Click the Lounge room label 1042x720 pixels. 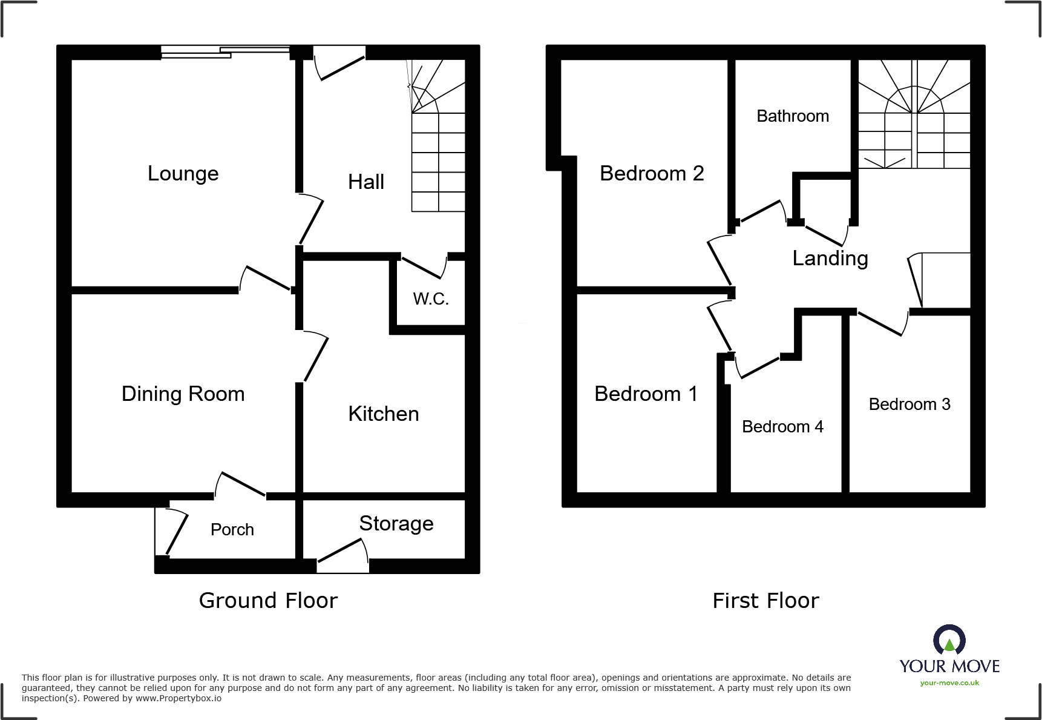(183, 174)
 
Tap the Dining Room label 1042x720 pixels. (183, 394)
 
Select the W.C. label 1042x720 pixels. (431, 299)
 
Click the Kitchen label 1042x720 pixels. (383, 414)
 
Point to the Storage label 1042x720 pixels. (396, 524)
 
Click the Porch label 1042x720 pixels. (232, 530)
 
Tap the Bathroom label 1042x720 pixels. (792, 116)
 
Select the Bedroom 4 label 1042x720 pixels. (782, 427)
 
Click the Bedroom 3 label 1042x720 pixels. (909, 405)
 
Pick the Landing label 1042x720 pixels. (830, 259)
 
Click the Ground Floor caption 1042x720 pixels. (268, 601)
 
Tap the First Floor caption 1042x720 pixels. (765, 601)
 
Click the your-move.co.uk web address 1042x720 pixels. (949, 683)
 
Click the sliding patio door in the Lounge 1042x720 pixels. (225, 53)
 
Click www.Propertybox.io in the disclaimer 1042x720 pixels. (179, 699)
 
